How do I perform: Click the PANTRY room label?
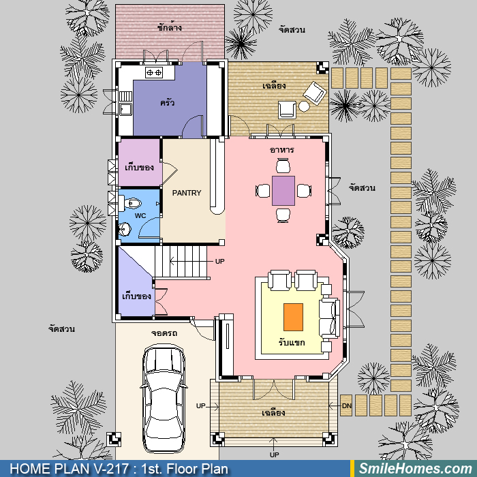pyautogui.click(x=187, y=193)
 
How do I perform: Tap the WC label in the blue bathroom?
pyautogui.click(x=140, y=216)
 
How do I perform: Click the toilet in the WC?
pyautogui.click(x=130, y=202)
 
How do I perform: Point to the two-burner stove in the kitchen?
pyautogui.click(x=154, y=72)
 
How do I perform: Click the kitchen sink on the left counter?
pyautogui.click(x=125, y=109)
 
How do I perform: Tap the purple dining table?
pyautogui.click(x=283, y=191)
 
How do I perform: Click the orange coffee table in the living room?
pyautogui.click(x=293, y=317)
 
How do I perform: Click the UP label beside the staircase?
pyautogui.click(x=219, y=261)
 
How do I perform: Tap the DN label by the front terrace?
pyautogui.click(x=346, y=406)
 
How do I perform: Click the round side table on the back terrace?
pyautogui.click(x=304, y=106)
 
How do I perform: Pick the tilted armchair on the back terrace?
pyautogui.click(x=315, y=93)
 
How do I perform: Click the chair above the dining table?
pyautogui.click(x=283, y=166)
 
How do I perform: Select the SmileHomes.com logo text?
pyautogui.click(x=416, y=469)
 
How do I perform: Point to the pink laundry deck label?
pyautogui.click(x=170, y=27)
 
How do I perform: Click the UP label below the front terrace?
pyautogui.click(x=274, y=455)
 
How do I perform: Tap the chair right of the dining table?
pyautogui.click(x=304, y=191)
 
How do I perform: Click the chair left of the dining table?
pyautogui.click(x=263, y=191)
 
